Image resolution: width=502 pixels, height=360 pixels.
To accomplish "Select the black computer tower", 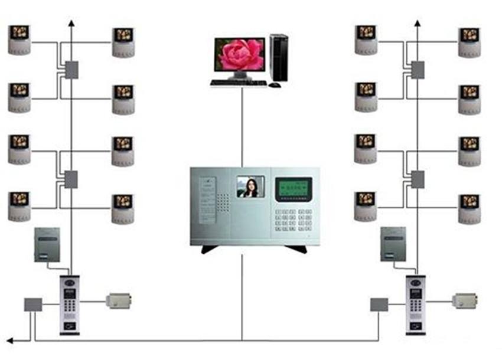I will tap(279, 57).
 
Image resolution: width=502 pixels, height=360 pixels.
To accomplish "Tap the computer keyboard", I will tap(237, 83).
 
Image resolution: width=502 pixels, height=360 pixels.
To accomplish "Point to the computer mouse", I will tap(275, 85).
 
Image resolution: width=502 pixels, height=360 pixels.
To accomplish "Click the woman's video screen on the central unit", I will tap(250, 186).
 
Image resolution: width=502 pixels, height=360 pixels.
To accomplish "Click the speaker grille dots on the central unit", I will tap(222, 203).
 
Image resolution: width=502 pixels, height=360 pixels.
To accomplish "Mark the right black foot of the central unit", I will tap(295, 249).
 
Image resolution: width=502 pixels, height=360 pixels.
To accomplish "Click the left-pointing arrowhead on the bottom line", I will tap(11, 341).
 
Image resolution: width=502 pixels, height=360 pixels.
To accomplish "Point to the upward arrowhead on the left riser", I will tap(71, 24).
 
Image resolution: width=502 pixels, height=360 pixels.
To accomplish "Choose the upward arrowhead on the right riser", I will tap(418, 24).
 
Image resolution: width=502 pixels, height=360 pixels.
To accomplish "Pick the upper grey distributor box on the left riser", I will tap(71, 70).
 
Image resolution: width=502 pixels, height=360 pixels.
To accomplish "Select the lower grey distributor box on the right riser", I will tap(418, 179).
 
